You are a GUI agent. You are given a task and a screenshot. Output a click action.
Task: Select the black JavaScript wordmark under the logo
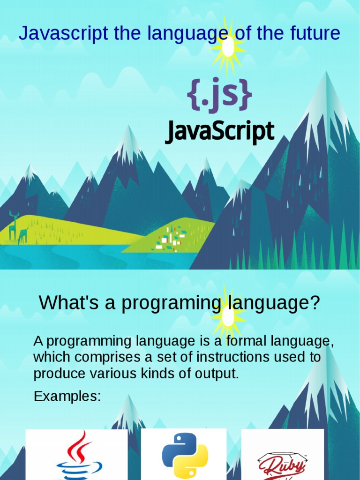click(219, 132)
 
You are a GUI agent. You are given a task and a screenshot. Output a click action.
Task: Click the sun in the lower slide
click(228, 316)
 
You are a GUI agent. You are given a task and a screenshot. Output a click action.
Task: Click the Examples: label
click(67, 397)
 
